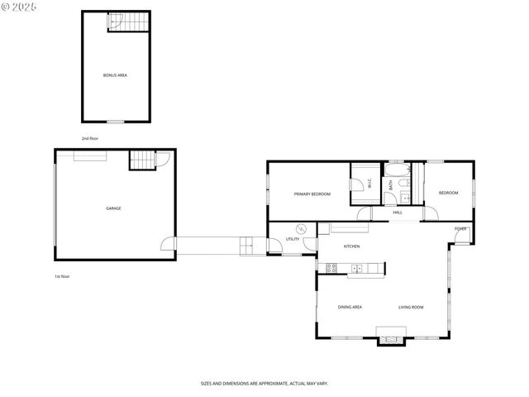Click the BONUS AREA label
pyautogui.click(x=115, y=75)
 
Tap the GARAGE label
pyautogui.click(x=113, y=208)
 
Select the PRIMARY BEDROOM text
pyautogui.click(x=312, y=194)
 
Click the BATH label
pyautogui.click(x=391, y=186)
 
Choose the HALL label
pyautogui.click(x=398, y=213)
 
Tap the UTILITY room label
pyautogui.click(x=293, y=239)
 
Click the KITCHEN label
pyautogui.click(x=351, y=246)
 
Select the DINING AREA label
pyautogui.click(x=350, y=307)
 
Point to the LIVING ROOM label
pyautogui.click(x=411, y=307)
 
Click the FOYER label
pyautogui.click(x=460, y=228)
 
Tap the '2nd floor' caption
pyautogui.click(x=89, y=138)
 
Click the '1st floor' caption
pyautogui.click(x=62, y=276)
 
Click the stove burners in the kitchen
pyautogui.click(x=331, y=267)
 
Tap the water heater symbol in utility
pyautogui.click(x=279, y=229)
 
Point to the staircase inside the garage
pyautogui.click(x=143, y=160)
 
